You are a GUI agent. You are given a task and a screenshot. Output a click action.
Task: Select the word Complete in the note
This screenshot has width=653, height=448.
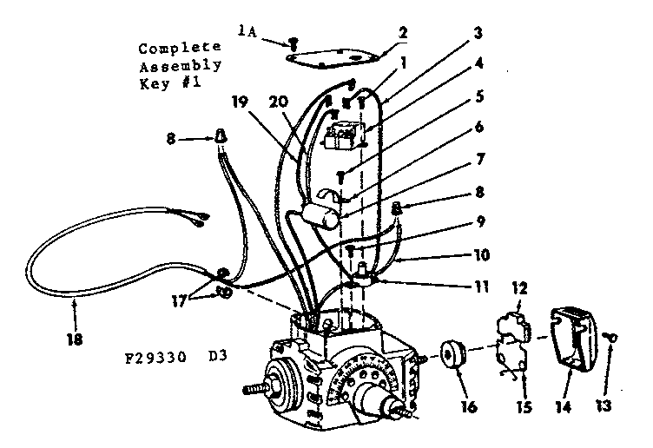point(178,49)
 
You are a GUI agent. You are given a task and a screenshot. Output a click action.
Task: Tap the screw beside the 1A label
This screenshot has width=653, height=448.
point(293,39)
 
